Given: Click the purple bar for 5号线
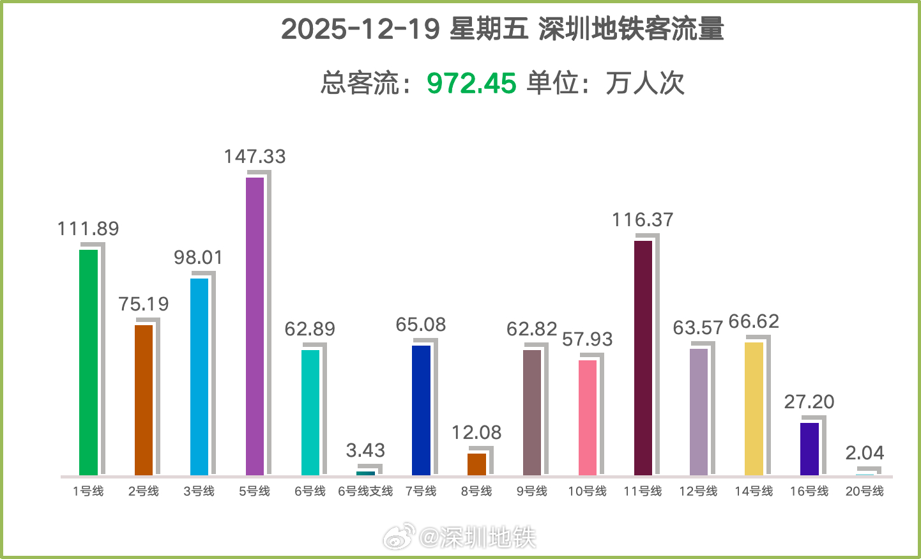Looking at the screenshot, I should coord(255,326).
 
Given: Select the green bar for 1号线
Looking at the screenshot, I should coord(88,362).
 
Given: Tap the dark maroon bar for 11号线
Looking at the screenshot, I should coord(643,358).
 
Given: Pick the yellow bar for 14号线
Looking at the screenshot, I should coord(754,409).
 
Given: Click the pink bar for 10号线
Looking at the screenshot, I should coord(588,418).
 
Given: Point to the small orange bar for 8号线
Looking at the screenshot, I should coord(476,464).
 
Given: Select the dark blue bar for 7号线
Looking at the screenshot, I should coord(421,410).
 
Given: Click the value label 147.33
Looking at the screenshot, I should coord(255,157).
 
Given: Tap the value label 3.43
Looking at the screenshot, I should coord(365,450).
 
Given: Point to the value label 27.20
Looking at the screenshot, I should coord(809,402).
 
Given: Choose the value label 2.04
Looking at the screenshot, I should coord(865,453).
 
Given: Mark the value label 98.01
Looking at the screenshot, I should coord(199,257).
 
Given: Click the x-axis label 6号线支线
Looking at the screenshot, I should coord(365,491).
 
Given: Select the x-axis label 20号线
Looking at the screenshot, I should coord(865,491).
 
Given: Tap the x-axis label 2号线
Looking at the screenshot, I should coord(144,491).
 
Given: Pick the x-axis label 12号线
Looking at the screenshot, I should coord(698,491).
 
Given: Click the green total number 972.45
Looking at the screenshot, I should coord(471,83).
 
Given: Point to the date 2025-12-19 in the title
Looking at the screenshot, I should coord(360,29).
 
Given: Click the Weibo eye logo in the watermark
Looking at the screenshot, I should coord(399,537).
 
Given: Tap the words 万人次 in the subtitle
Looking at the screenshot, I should coord(644,83).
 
